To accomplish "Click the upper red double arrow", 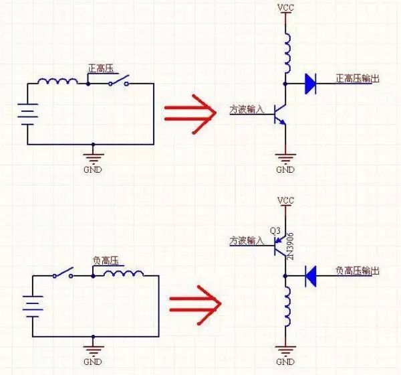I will tap(190, 110).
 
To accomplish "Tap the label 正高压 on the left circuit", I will tap(102, 68).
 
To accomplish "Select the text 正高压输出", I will tap(358, 78).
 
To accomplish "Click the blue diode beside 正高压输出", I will tap(309, 83).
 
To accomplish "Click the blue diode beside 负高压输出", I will tap(310, 275).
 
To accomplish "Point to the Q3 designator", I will tap(275, 230).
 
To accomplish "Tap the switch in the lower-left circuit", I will tap(64, 275).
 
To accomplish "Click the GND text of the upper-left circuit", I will tap(93, 169).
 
